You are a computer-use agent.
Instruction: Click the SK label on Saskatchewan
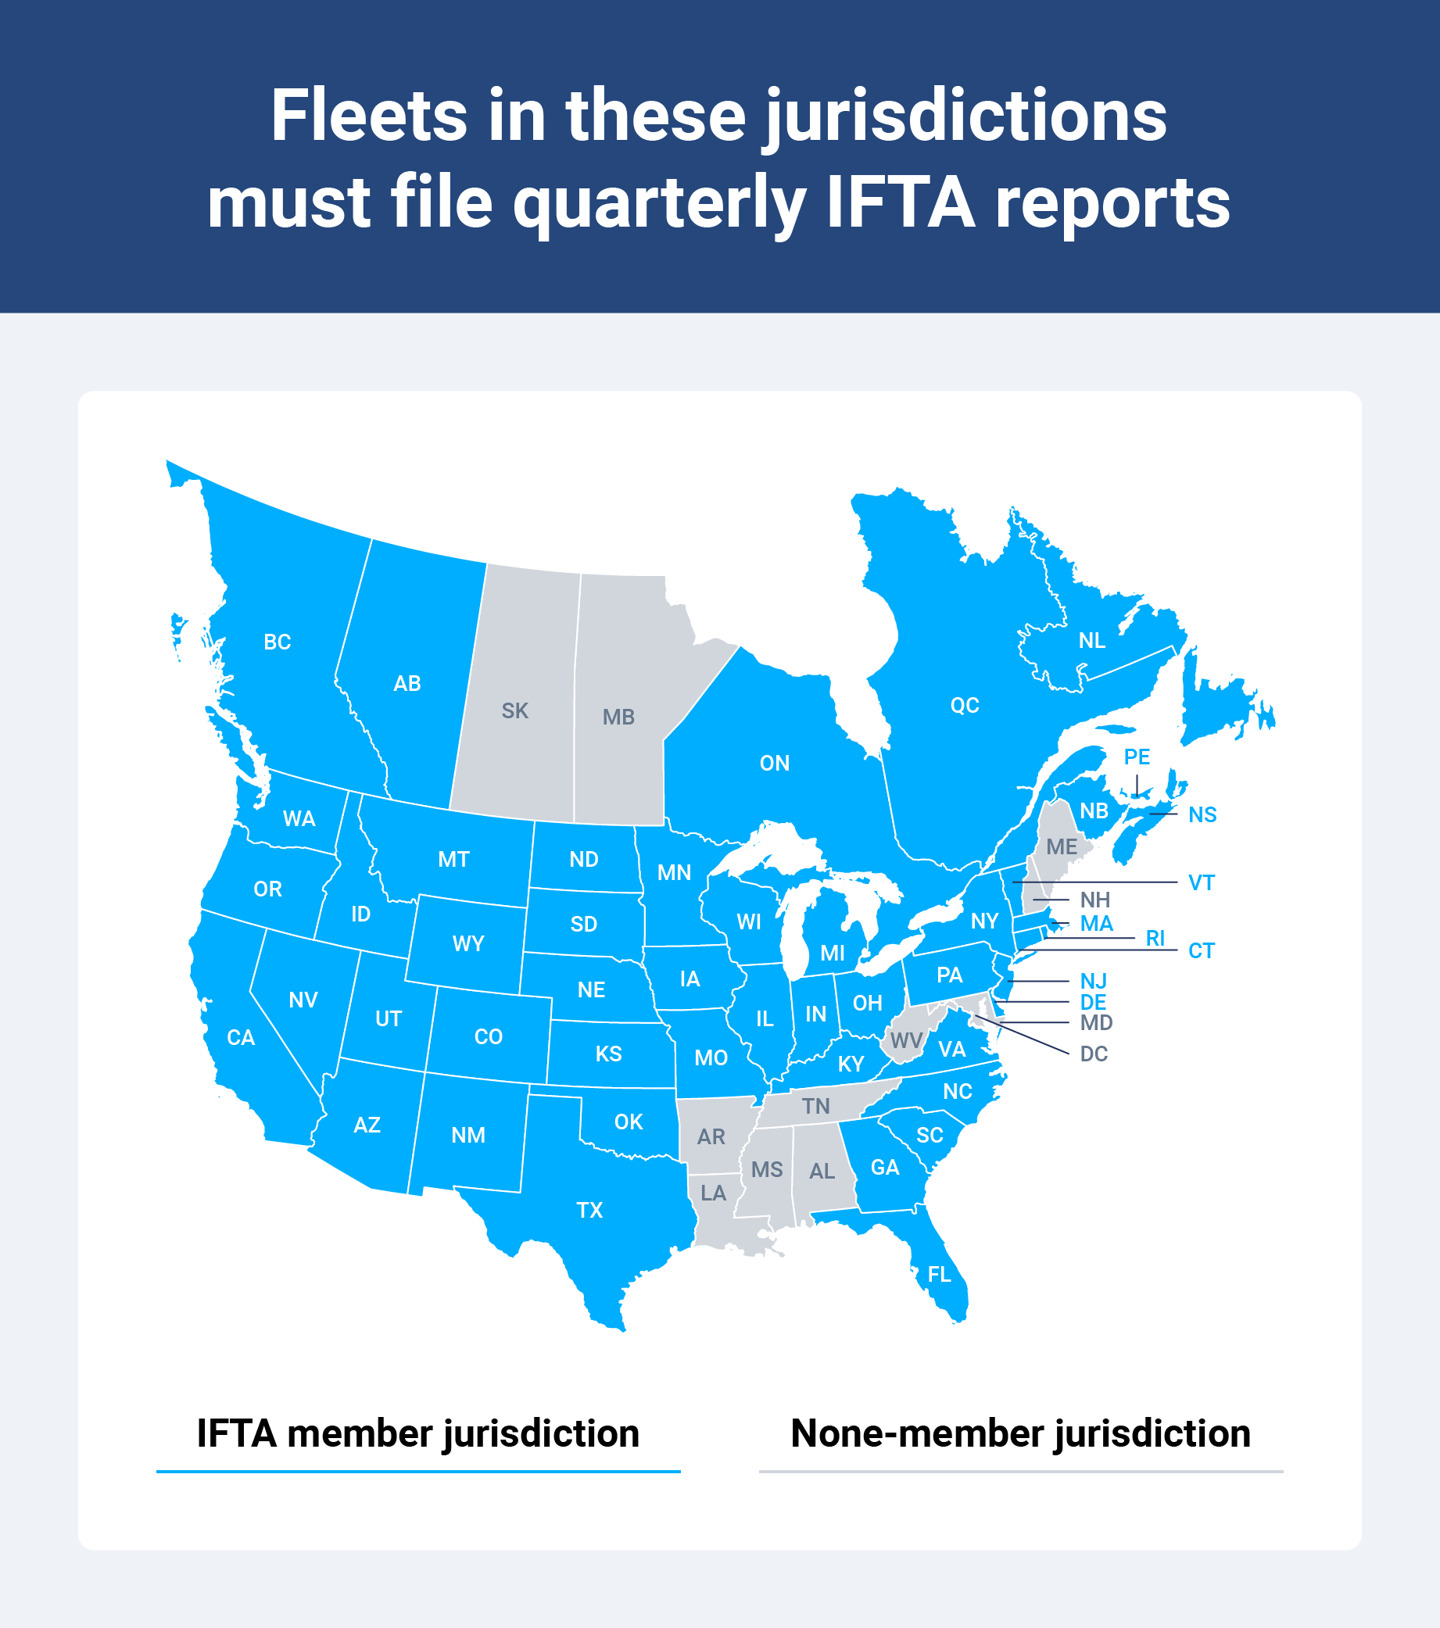[514, 710]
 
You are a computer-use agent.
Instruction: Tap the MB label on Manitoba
[618, 717]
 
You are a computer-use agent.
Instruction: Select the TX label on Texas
[589, 1210]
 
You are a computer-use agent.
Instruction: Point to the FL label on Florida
[939, 1275]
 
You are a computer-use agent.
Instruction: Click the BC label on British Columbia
[278, 642]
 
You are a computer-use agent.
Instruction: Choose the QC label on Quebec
[965, 705]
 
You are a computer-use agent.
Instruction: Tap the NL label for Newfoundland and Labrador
[1091, 640]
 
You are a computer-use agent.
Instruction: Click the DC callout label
[1094, 1054]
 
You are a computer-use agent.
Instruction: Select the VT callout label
[1201, 882]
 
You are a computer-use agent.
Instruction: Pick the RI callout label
[1155, 938]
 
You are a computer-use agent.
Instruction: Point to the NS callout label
[1202, 814]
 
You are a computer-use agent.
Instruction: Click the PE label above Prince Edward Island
[1137, 757]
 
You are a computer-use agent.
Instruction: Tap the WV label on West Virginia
[905, 1040]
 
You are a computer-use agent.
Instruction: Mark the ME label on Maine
[1061, 846]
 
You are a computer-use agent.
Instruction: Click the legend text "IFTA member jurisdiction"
[418, 1433]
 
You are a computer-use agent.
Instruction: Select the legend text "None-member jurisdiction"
[1020, 1433]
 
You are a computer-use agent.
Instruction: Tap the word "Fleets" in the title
[368, 116]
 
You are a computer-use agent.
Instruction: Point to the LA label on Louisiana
[713, 1193]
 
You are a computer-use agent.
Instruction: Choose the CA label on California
[241, 1037]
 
